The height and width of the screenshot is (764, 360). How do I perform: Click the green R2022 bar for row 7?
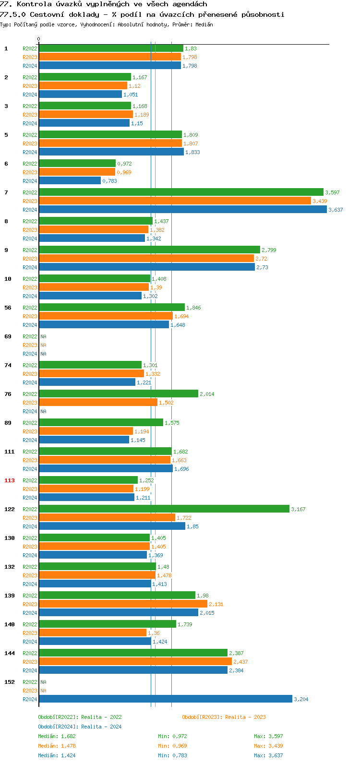tap(181, 192)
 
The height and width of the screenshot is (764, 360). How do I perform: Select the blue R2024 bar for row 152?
tap(165, 699)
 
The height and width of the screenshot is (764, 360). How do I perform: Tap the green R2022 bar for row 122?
tap(164, 509)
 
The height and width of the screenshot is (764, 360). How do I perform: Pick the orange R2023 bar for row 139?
tap(123, 604)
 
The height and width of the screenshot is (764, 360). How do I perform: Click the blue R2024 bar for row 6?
tap(70, 181)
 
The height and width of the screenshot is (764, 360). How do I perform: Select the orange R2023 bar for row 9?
tap(146, 259)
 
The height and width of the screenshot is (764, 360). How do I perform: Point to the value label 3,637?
tap(336, 210)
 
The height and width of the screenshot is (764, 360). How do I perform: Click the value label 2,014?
tap(207, 394)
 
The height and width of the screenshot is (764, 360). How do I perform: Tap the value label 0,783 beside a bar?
tap(109, 181)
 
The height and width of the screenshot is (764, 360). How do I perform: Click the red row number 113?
tap(10, 480)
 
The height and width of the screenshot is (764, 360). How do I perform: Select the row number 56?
tap(8, 308)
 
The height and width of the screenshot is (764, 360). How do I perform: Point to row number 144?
tap(10, 653)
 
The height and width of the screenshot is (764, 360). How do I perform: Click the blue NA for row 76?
tap(43, 411)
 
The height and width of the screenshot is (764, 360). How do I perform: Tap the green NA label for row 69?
tap(43, 336)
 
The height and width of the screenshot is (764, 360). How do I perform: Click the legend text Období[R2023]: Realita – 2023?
tap(224, 717)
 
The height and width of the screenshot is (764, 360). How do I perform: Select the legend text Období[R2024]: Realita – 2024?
tap(80, 727)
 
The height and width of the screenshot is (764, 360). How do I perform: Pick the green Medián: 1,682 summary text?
tap(57, 736)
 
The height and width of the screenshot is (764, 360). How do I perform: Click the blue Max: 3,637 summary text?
tap(268, 755)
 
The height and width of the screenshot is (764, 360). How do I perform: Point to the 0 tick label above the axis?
tap(39, 39)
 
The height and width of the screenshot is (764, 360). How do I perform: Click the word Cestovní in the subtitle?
tap(48, 14)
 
